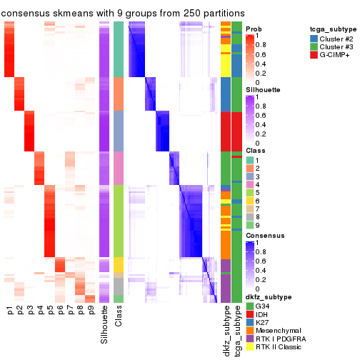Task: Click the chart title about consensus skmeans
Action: tap(123, 13)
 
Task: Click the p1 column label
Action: tap(10, 311)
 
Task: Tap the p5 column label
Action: tap(50, 311)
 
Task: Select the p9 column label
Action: tap(91, 311)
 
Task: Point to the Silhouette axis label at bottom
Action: tap(105, 326)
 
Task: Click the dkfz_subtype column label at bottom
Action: tap(226, 331)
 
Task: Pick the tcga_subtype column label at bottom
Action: tap(236, 331)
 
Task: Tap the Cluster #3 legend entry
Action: tap(334, 47)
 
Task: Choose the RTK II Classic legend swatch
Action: tap(250, 348)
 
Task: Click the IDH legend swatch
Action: tap(250, 314)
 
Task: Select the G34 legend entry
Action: tap(264, 305)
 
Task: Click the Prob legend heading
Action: tap(254, 29)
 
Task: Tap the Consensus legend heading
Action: tap(265, 235)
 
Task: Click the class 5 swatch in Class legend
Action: tap(250, 191)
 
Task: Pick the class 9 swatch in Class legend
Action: tap(250, 225)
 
